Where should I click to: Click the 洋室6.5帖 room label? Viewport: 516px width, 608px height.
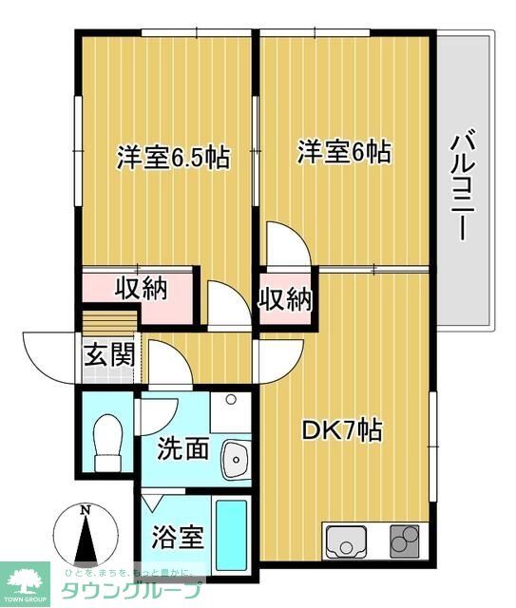[173, 158]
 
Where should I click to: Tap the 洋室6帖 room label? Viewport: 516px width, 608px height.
[344, 152]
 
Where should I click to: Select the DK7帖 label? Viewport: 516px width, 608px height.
[342, 430]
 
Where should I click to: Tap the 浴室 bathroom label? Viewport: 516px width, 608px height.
[178, 538]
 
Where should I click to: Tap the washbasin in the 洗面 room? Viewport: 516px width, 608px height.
[233, 461]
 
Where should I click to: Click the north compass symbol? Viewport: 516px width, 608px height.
[85, 536]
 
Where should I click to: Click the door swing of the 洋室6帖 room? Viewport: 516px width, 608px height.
[287, 245]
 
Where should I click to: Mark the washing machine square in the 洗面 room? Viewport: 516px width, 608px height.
[230, 410]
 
